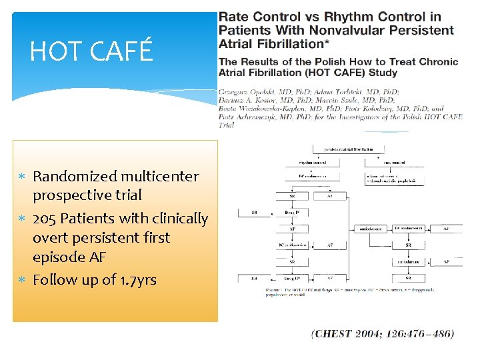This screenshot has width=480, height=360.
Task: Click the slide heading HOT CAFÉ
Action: coord(91,51)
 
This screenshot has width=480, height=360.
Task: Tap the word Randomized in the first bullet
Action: coord(75,177)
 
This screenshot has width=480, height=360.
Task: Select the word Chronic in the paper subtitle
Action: coord(436,61)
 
